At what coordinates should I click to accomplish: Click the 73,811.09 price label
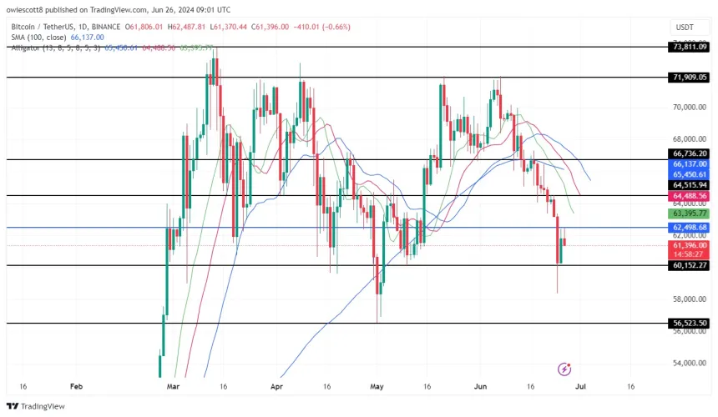point(689,47)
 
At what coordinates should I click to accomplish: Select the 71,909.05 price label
point(689,77)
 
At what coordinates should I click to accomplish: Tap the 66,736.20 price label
point(689,153)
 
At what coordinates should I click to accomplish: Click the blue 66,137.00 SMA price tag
point(689,164)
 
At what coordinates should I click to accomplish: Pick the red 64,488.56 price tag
point(689,195)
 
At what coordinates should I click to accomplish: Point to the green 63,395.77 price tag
point(689,213)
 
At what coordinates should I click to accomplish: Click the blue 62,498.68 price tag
point(689,227)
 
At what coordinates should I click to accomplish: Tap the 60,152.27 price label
point(689,265)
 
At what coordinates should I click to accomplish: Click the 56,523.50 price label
point(689,323)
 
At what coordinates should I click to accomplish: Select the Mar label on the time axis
point(173,387)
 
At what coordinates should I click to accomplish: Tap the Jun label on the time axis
point(479,387)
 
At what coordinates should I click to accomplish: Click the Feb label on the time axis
point(76,387)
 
